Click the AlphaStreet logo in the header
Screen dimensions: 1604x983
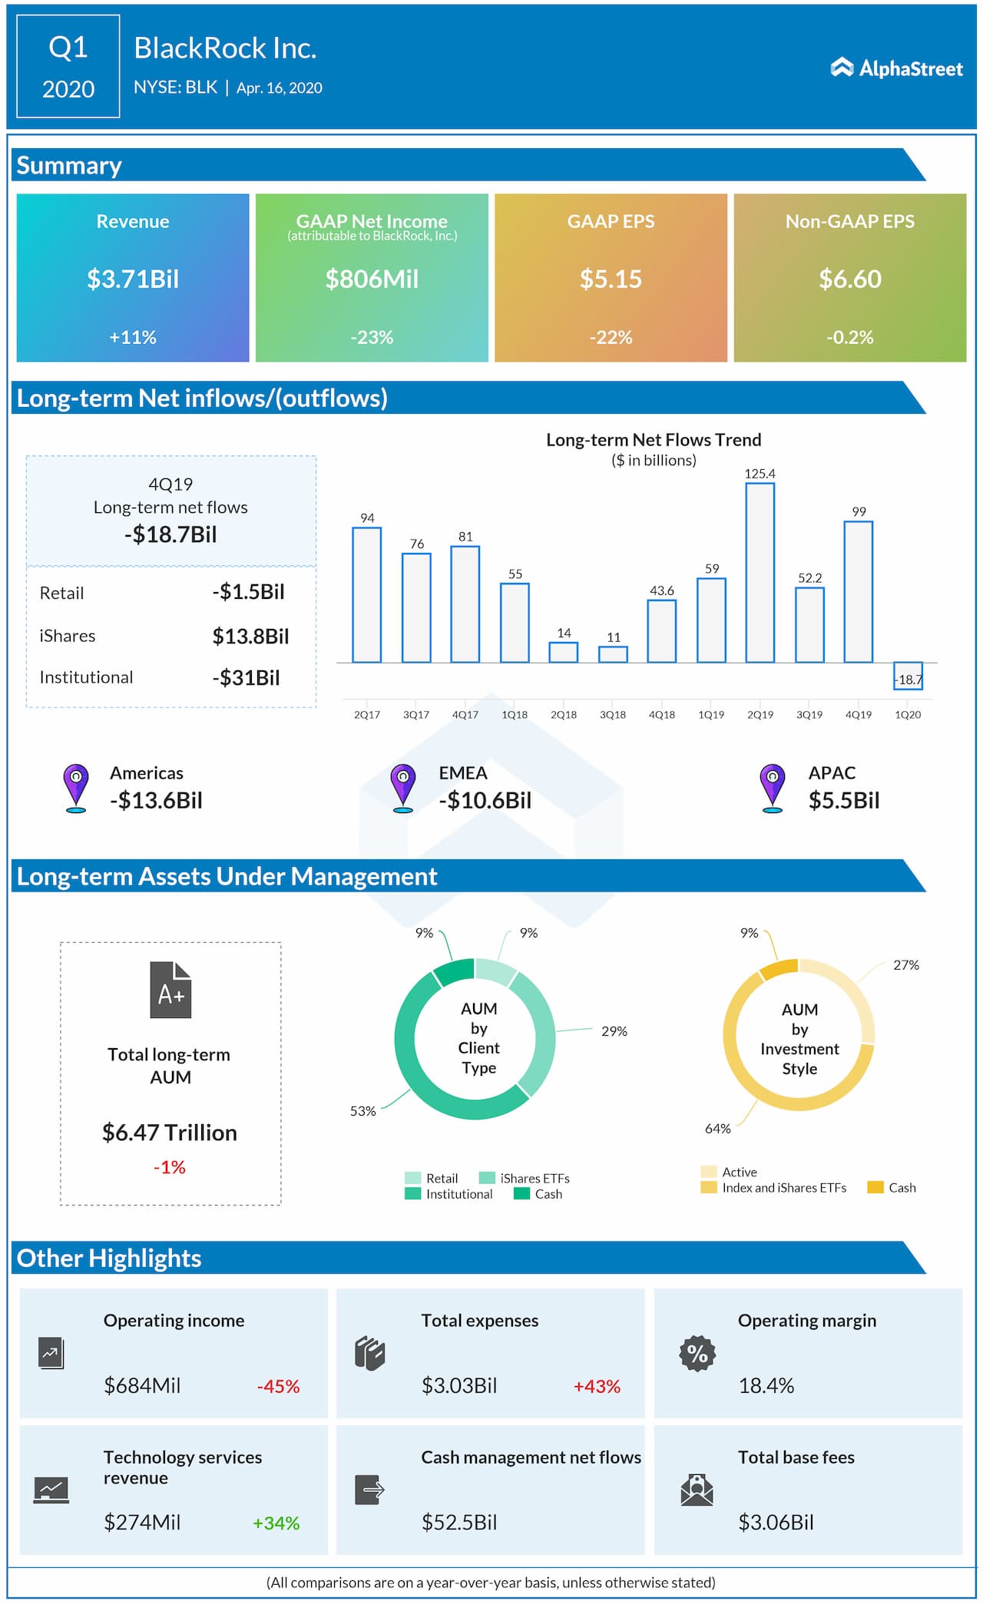(x=896, y=68)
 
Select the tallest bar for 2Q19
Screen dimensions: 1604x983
(x=760, y=572)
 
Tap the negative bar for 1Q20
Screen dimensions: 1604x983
(x=908, y=676)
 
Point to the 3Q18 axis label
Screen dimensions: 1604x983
(x=612, y=714)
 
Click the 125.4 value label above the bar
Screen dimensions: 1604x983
(x=760, y=474)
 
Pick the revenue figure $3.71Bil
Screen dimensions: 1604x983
(x=133, y=279)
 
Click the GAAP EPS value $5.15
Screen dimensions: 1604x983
(x=611, y=279)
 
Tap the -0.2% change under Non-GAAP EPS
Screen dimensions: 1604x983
(x=849, y=337)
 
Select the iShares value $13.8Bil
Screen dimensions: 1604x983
(x=250, y=636)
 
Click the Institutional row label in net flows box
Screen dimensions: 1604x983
(x=86, y=677)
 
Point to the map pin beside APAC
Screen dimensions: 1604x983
(x=772, y=786)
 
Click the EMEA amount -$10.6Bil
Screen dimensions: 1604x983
(x=485, y=800)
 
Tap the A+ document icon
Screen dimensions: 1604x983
(x=170, y=991)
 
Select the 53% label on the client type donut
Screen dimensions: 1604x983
(x=362, y=1111)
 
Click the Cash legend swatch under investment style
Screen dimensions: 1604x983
(x=875, y=1187)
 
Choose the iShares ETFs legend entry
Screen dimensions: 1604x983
(x=525, y=1178)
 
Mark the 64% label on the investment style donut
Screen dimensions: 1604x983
(x=717, y=1128)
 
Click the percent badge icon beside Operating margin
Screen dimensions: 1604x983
(x=697, y=1353)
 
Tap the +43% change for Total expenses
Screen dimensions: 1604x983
(x=597, y=1386)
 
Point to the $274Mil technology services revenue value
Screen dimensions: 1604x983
(x=142, y=1522)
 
